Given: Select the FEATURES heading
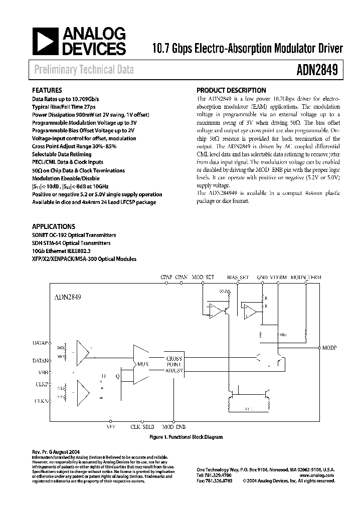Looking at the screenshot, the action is click(47, 91).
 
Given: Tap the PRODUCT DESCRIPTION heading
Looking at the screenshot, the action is click(231, 91).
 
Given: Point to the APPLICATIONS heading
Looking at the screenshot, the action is click(54, 226).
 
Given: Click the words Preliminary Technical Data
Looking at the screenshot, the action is click(84, 70).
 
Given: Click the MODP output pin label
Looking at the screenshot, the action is click(330, 347).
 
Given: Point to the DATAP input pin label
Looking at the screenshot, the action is click(40, 343).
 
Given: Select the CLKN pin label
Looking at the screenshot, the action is click(41, 401).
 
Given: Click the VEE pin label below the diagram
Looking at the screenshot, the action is click(111, 427).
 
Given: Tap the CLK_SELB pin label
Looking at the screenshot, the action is click(142, 427).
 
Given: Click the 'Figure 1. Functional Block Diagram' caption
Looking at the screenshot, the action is click(187, 437).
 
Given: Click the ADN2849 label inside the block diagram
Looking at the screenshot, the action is click(68, 297).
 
